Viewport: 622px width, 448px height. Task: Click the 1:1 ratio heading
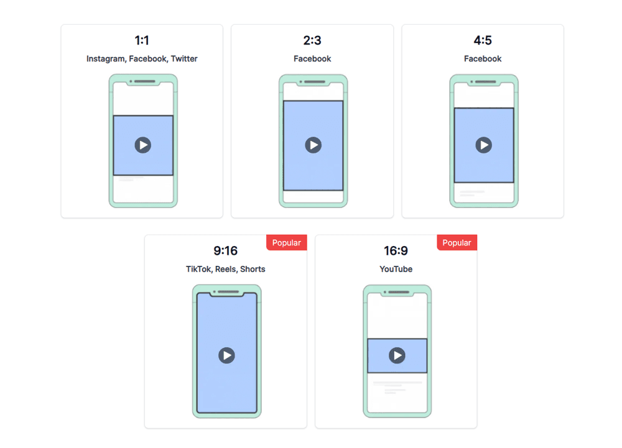pos(142,41)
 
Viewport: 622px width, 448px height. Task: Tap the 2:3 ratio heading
pos(312,41)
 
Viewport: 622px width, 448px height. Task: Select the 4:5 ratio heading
pos(483,41)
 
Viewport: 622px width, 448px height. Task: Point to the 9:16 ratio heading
pos(226,251)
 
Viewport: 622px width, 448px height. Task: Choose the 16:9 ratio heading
pos(396,251)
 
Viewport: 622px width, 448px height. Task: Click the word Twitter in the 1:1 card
pos(184,59)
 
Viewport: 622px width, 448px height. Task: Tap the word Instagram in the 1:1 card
pos(106,59)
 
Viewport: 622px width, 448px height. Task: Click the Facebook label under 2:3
pos(312,59)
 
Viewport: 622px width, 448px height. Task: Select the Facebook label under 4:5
pos(483,59)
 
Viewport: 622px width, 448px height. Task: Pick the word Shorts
pos(253,269)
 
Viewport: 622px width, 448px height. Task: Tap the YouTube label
pos(396,269)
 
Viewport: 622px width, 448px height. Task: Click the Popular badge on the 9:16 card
pos(287,243)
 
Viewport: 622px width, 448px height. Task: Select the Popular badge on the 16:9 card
pos(457,243)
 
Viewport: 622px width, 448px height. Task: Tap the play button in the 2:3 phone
pos(313,145)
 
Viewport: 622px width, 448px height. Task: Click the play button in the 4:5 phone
pos(483,145)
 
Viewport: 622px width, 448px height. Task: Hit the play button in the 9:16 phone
pos(226,355)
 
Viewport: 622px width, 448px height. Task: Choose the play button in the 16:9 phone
pos(397,355)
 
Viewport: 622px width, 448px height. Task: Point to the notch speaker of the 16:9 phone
pos(399,291)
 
